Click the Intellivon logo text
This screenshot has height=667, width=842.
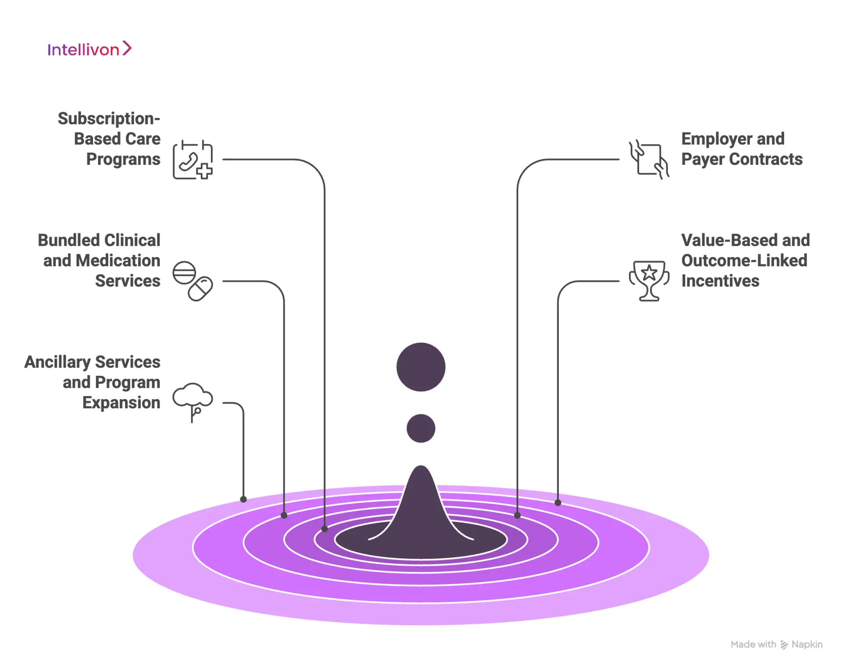[83, 50]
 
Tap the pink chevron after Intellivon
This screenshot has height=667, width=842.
[127, 48]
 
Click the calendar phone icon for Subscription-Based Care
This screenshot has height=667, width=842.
[193, 160]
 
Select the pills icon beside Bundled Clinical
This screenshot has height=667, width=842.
[193, 281]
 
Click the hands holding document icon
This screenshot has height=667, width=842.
[649, 160]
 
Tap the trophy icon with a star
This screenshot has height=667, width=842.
[649, 281]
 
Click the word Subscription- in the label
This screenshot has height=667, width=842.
[109, 118]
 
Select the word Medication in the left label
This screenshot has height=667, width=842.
[118, 260]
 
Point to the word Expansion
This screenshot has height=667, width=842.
[121, 403]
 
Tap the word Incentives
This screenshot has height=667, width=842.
[720, 281]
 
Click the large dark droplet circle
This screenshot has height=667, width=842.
[421, 367]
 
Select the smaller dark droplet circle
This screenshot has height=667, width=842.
[421, 428]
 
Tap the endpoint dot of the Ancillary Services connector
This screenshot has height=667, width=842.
[243, 499]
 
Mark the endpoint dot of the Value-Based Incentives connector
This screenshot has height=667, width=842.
[558, 503]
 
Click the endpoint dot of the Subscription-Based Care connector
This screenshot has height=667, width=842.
[325, 529]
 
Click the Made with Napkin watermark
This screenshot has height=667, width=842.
[776, 644]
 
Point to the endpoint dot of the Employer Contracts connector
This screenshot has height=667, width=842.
[517, 515]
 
